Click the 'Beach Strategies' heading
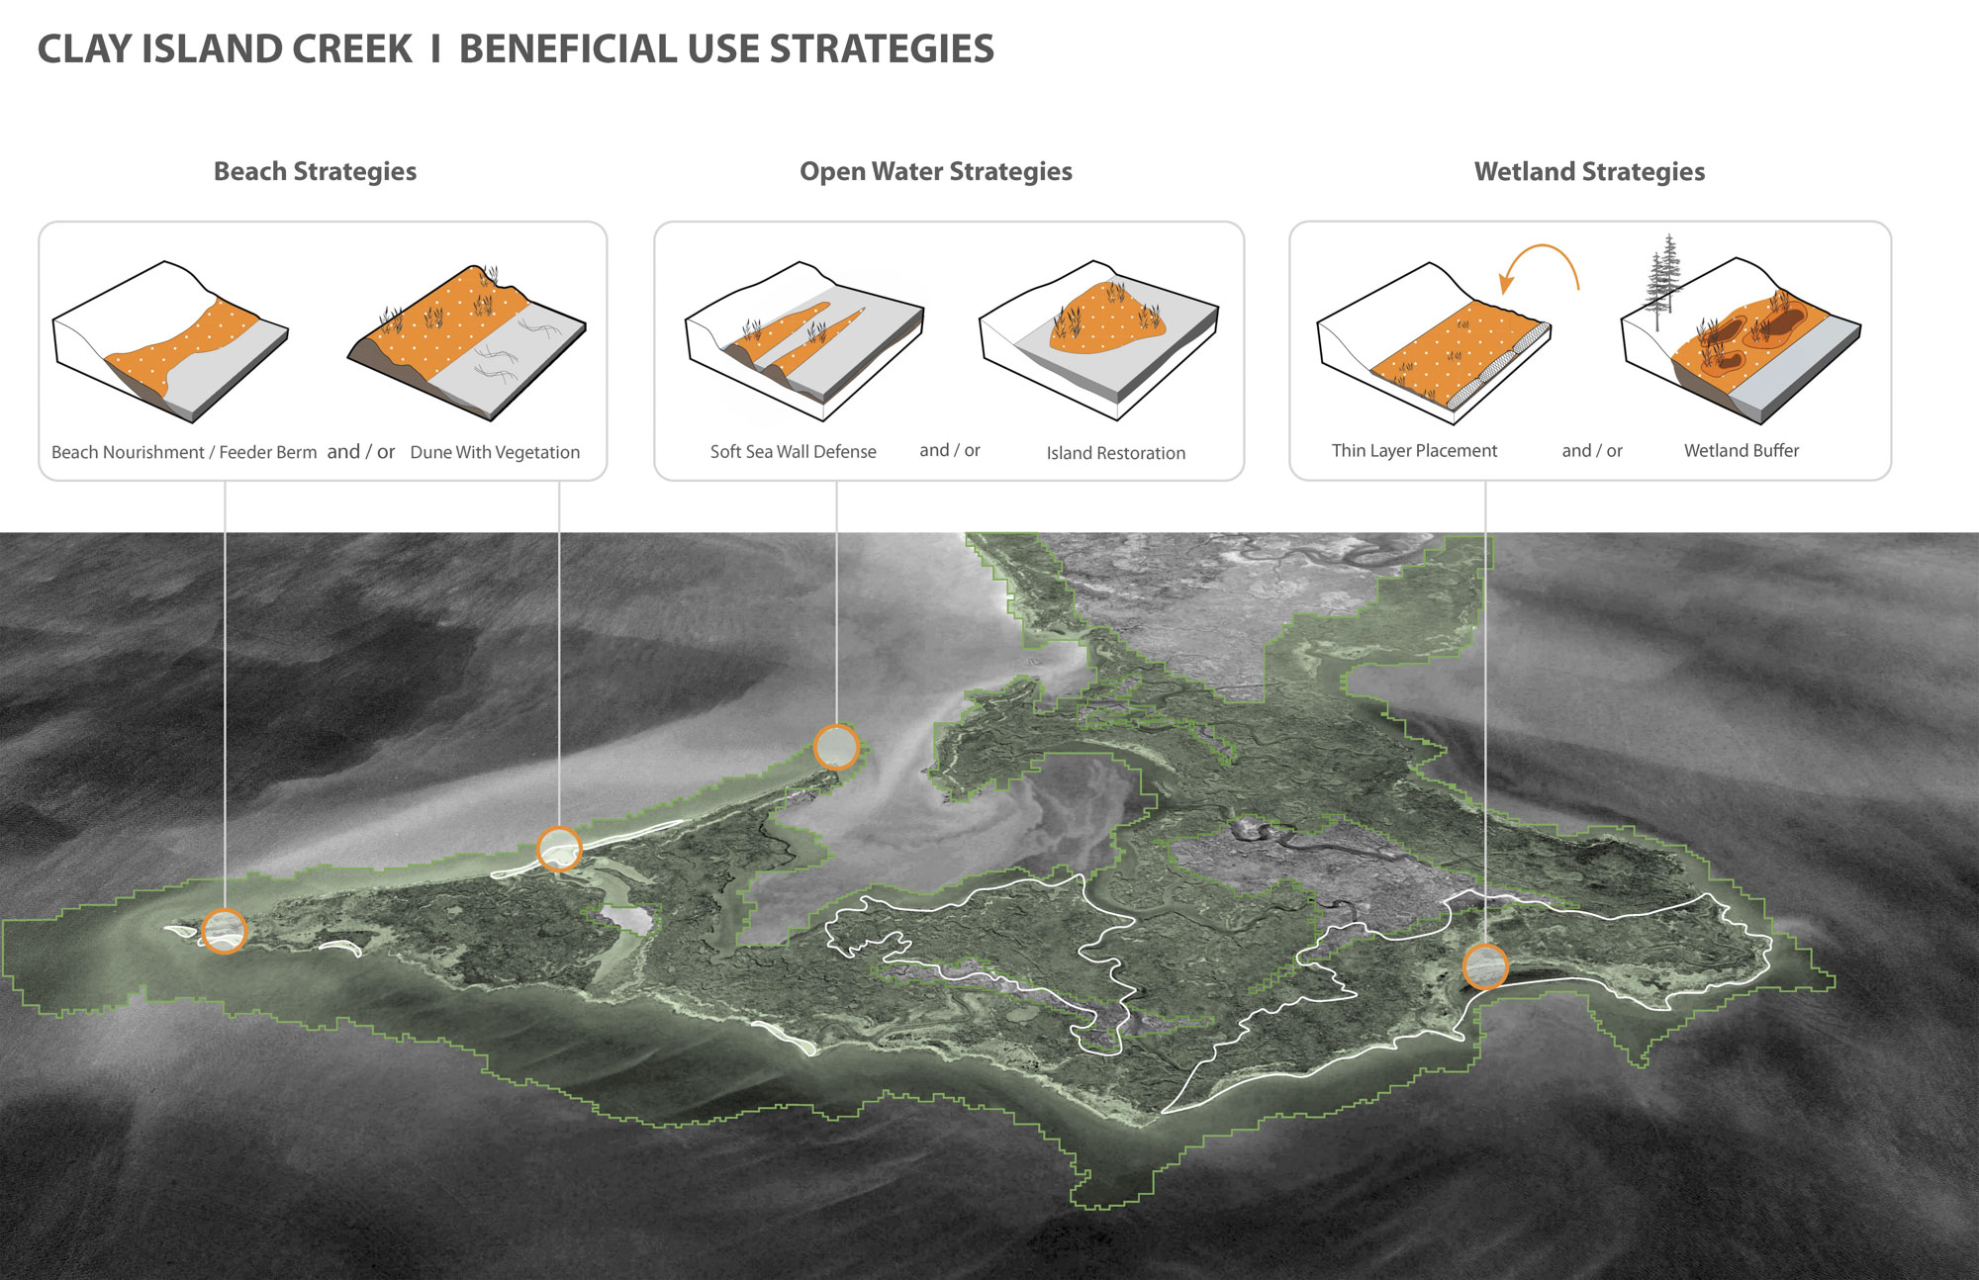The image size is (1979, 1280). coord(315,172)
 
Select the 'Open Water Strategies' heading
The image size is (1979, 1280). coord(936,172)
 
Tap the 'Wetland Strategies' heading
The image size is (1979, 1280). coord(1589,172)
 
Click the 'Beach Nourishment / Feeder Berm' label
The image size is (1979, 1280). coord(184,452)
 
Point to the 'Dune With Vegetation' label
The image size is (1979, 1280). coord(495,452)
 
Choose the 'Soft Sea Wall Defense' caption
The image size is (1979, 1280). coord(793,451)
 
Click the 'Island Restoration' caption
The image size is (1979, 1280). coord(1115,453)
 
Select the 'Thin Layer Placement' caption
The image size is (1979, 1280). coord(1414,451)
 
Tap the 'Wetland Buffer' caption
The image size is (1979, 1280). coord(1742,451)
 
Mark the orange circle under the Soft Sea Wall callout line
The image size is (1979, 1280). coord(836,747)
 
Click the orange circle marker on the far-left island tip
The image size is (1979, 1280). coord(224,931)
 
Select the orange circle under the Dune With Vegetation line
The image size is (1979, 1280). coord(559,849)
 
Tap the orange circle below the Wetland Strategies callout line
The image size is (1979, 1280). coord(1484,966)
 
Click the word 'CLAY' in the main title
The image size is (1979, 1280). coord(85,49)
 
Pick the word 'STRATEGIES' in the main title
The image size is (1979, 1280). coord(882,49)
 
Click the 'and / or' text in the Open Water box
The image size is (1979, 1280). coord(950,450)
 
